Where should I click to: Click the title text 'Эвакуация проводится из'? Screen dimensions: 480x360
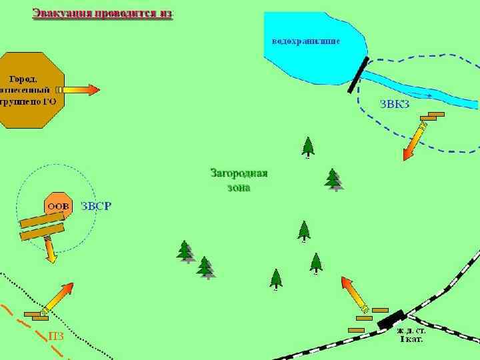103,14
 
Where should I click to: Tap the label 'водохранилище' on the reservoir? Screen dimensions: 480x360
306,41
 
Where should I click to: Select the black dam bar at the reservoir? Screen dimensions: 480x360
359,74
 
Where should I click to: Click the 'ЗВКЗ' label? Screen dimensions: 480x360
394,104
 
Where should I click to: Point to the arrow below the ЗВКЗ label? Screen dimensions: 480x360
415,141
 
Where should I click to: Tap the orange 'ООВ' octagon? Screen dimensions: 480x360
58,206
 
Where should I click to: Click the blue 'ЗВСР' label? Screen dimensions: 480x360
96,206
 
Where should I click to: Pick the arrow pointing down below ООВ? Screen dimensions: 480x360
49,250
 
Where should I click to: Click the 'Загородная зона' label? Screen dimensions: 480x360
239,180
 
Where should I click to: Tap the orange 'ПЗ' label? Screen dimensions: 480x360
56,336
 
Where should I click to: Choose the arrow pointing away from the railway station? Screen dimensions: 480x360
354,294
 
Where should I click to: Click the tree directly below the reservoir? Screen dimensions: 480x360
307,147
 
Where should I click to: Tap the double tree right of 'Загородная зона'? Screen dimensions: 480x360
333,179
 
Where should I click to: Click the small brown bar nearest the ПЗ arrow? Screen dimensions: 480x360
32,313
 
